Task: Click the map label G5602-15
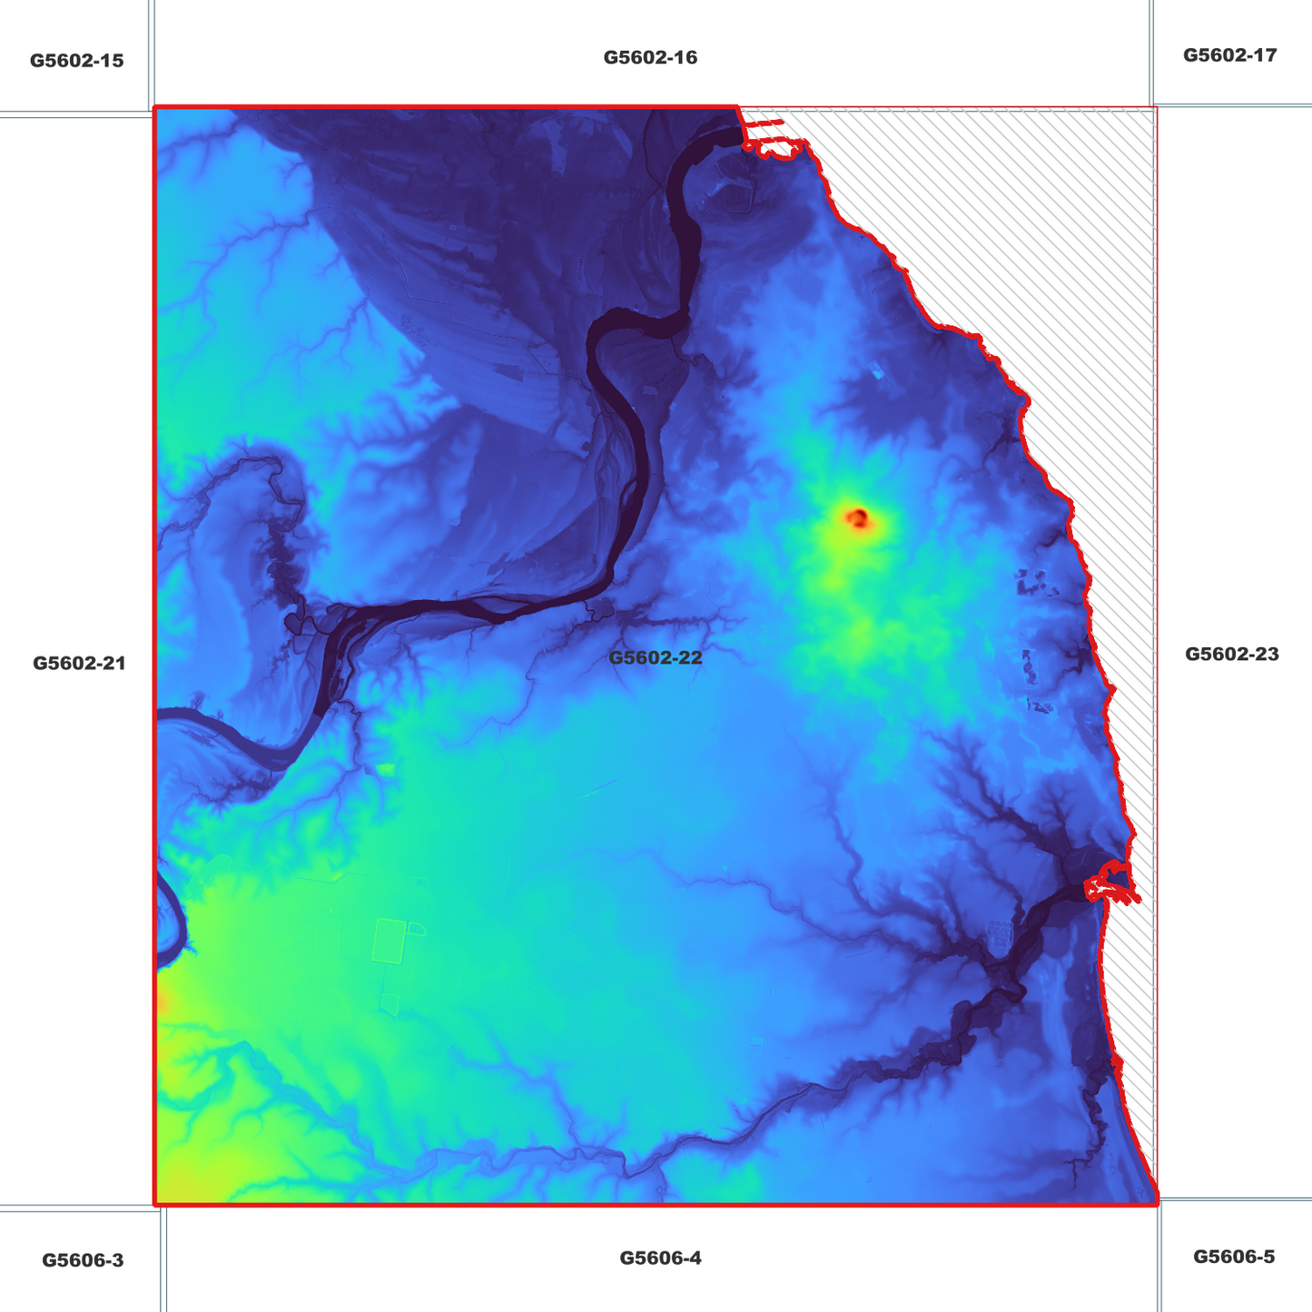tap(76, 61)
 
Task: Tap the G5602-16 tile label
tap(650, 57)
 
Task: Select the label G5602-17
tap(1229, 54)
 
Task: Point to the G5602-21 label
tap(79, 663)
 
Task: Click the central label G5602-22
tap(655, 657)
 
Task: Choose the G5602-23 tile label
tap(1231, 654)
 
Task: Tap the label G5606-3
tap(83, 1260)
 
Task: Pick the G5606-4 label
tap(660, 1258)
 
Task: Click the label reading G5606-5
tap(1233, 1257)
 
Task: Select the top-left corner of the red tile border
tap(155, 107)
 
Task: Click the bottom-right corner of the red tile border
tap(1158, 1205)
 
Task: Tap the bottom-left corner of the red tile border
tap(155, 1205)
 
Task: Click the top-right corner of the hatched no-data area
tap(1156, 108)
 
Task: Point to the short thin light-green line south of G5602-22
tap(597, 787)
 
